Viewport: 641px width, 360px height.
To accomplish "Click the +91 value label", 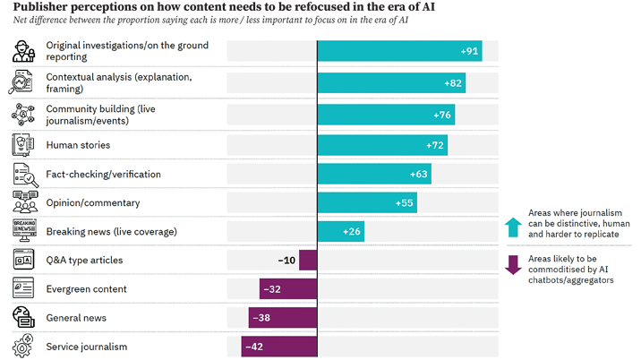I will pos(469,51).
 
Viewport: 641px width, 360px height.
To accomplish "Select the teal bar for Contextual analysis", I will pos(391,83).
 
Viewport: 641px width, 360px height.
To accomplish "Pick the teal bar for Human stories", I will pos(382,144).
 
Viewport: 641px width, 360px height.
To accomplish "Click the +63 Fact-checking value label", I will pos(418,174).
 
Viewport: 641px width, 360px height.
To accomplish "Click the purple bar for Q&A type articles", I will pos(308,261).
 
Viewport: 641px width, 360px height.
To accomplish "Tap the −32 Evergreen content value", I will pos(270,289).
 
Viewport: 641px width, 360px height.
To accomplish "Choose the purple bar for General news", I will pos(283,318).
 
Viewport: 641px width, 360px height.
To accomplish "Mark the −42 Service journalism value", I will pos(254,347).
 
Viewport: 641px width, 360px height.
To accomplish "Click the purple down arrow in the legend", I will pos(513,265).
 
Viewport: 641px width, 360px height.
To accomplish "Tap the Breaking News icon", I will pos(23,230).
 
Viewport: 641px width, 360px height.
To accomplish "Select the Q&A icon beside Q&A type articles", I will pos(23,260).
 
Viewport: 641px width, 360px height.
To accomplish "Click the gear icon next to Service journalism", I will pos(23,346).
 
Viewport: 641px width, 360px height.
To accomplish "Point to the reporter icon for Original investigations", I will pos(23,52).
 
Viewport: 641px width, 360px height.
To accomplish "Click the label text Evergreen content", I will pos(86,289).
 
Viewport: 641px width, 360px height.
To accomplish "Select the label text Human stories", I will pos(78,144).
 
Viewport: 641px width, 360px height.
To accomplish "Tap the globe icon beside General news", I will pos(23,317).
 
